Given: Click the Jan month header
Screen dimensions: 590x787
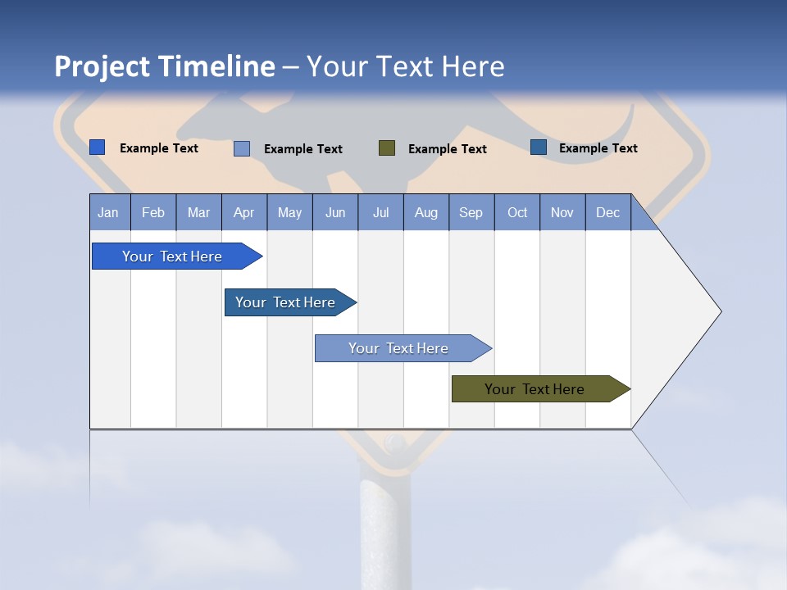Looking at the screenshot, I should tap(108, 212).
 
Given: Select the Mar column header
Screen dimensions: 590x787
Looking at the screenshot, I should tap(198, 212).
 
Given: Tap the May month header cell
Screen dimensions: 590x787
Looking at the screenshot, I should tap(289, 212).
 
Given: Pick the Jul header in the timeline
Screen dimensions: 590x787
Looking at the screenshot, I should tap(380, 212).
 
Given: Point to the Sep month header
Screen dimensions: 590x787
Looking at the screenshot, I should tap(471, 212).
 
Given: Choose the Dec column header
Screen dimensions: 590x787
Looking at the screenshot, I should tap(607, 212).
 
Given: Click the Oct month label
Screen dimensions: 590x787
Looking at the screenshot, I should tap(517, 212).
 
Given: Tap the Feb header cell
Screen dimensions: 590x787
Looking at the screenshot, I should tap(153, 212).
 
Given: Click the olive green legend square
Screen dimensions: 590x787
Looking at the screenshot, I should tap(387, 148).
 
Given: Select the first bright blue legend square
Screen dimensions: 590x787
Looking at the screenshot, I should tap(98, 147).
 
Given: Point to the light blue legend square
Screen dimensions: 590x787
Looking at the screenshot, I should tap(242, 148).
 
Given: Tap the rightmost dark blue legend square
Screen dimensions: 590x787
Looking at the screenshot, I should tap(539, 147).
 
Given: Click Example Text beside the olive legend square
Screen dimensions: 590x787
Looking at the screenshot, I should tap(447, 149).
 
